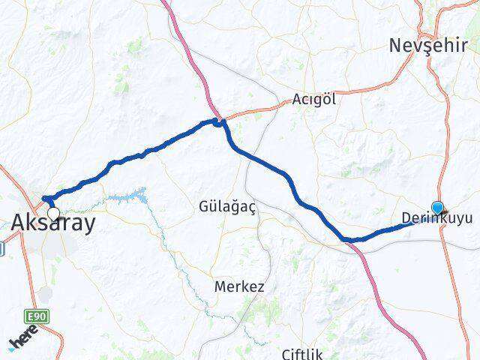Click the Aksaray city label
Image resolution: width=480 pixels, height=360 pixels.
54,222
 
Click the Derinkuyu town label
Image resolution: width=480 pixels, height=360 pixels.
437,219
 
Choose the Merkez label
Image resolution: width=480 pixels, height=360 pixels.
239,286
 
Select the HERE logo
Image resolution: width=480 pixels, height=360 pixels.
24,340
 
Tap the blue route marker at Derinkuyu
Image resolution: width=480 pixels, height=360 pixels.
438,208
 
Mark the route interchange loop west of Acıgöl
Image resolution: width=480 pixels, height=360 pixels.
219,122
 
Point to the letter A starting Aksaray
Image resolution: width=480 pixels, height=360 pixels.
19,222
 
